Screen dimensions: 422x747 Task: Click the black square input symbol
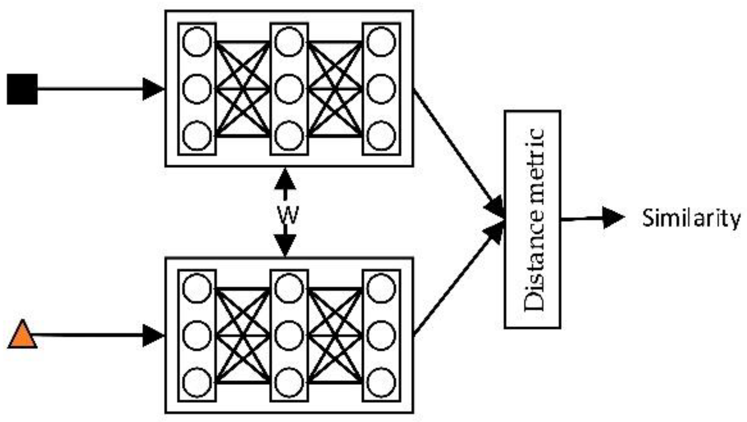pyautogui.click(x=22, y=89)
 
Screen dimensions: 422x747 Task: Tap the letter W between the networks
pyautogui.click(x=288, y=215)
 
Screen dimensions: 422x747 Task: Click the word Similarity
pyautogui.click(x=691, y=218)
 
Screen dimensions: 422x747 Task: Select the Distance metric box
pyautogui.click(x=532, y=219)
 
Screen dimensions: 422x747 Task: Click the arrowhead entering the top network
pyautogui.click(x=152, y=89)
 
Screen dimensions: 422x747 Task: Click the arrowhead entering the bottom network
pyautogui.click(x=152, y=335)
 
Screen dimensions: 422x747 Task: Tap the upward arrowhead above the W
pyautogui.click(x=285, y=180)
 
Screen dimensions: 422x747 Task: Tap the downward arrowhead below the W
pyautogui.click(x=285, y=244)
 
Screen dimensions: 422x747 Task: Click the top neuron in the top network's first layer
pyautogui.click(x=197, y=42)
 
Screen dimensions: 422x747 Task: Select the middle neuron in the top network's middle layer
pyautogui.click(x=289, y=89)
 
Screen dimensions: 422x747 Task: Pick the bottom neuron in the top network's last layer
pyautogui.click(x=381, y=135)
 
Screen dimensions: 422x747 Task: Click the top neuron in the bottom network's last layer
pyautogui.click(x=381, y=288)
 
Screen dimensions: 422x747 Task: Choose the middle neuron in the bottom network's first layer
pyautogui.click(x=197, y=335)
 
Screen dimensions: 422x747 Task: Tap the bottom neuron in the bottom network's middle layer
pyautogui.click(x=289, y=382)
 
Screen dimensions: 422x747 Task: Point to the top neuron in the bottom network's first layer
pyautogui.click(x=197, y=288)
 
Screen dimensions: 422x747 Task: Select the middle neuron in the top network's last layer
pyautogui.click(x=381, y=89)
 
